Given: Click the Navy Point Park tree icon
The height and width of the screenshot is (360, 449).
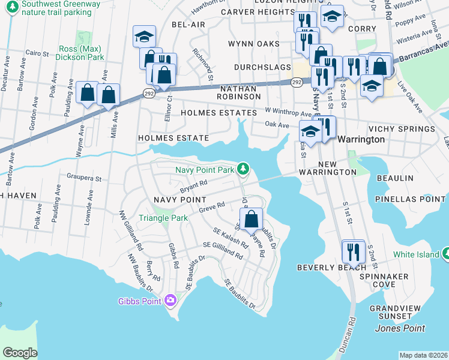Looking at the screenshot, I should click(x=243, y=169).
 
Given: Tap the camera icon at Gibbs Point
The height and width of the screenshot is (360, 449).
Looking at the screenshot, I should click(x=171, y=300).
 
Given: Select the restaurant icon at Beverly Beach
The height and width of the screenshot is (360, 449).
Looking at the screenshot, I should click(x=353, y=251).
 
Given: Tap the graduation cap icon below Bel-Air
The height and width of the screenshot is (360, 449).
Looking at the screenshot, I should click(x=144, y=37).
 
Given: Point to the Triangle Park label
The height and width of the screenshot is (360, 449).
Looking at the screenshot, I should click(x=163, y=218).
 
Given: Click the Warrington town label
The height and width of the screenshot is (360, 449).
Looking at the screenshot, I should click(x=361, y=139).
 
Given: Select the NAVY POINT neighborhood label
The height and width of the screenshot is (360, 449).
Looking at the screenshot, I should click(x=180, y=199).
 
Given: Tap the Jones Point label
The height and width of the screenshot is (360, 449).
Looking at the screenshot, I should click(x=400, y=328).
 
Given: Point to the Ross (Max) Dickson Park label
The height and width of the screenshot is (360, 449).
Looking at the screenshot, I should click(x=82, y=53).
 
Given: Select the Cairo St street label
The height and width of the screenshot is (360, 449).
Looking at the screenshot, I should click(x=37, y=53).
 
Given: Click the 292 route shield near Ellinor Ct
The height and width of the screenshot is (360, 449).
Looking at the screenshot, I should click(x=149, y=92).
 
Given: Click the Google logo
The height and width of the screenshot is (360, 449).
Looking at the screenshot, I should click(x=20, y=353).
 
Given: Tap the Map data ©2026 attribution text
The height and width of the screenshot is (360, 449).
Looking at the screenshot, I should click(x=423, y=355).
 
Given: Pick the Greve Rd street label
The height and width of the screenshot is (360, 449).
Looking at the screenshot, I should click(x=212, y=206).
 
